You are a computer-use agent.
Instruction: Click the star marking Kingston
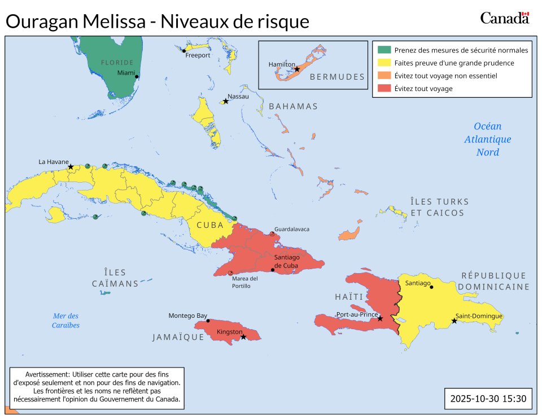(243, 337)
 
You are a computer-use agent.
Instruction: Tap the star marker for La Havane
(71, 167)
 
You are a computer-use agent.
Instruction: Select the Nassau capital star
(226, 101)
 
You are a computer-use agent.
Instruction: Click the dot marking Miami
(137, 76)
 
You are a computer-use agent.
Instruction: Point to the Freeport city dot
(184, 51)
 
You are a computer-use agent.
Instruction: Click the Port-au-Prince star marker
(380, 319)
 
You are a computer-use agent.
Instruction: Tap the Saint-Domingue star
(454, 321)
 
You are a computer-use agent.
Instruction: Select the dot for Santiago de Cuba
(273, 270)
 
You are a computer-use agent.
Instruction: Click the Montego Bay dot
(208, 321)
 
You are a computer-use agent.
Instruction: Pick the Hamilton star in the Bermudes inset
(297, 69)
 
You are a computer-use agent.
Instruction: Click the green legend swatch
(384, 50)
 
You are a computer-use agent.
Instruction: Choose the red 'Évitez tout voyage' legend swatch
(384, 88)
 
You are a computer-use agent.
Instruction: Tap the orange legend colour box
(384, 75)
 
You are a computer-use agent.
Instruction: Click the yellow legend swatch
(384, 63)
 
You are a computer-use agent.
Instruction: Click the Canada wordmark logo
(504, 18)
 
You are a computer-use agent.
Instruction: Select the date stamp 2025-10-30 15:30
(488, 399)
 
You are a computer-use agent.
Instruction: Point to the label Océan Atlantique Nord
(487, 139)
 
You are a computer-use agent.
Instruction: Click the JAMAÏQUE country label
(178, 337)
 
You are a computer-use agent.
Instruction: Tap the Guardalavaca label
(292, 229)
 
